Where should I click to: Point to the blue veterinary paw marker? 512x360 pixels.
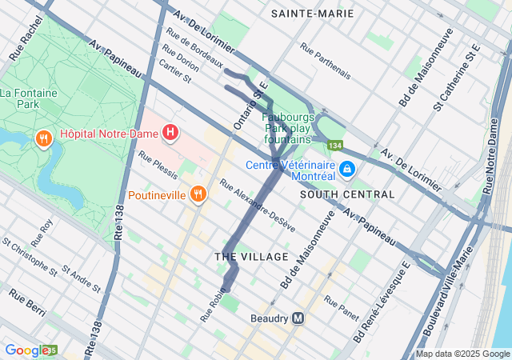click(347, 169)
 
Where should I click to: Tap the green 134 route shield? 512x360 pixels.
click(334, 146)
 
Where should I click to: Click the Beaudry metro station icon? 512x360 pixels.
click(298, 318)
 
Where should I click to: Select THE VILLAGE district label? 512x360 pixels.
click(251, 257)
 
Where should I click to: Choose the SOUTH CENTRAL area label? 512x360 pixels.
click(347, 194)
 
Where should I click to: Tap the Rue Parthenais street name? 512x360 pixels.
click(325, 61)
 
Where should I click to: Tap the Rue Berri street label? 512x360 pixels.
click(26, 297)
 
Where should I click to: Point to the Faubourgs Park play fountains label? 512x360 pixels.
click(286, 128)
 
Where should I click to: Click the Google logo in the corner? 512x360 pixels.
click(26, 350)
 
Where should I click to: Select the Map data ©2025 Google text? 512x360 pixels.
click(462, 354)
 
